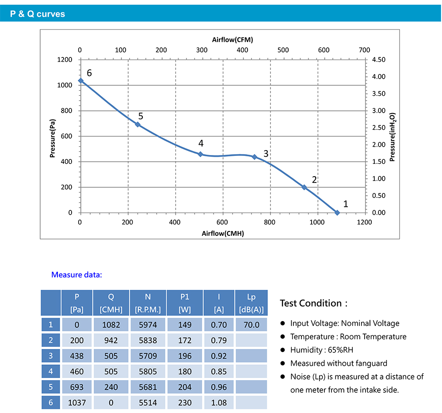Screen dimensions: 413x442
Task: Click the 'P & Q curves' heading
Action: tap(38, 14)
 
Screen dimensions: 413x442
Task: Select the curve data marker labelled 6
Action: tap(80, 81)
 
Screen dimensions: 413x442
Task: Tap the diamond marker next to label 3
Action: tap(255, 157)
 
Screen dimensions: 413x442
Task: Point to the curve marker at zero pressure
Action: tap(337, 212)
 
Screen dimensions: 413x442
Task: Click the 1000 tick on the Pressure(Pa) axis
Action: tap(65, 85)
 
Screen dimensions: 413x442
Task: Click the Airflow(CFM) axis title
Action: tap(232, 39)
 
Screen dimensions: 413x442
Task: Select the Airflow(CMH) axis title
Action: tap(223, 233)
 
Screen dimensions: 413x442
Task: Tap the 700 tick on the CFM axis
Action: tap(365, 50)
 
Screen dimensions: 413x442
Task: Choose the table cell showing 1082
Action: tap(111, 325)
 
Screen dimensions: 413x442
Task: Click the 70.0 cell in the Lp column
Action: tap(251, 325)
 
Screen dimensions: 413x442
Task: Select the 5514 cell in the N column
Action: tap(148, 402)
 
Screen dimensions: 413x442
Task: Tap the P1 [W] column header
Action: tap(184, 303)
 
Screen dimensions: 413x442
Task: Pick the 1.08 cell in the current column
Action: tap(219, 402)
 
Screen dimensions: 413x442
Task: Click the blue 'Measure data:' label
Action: tap(76, 275)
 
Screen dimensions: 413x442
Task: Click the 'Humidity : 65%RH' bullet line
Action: tap(321, 350)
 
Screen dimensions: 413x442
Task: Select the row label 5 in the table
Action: tap(51, 387)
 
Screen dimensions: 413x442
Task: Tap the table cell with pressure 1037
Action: tap(76, 402)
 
